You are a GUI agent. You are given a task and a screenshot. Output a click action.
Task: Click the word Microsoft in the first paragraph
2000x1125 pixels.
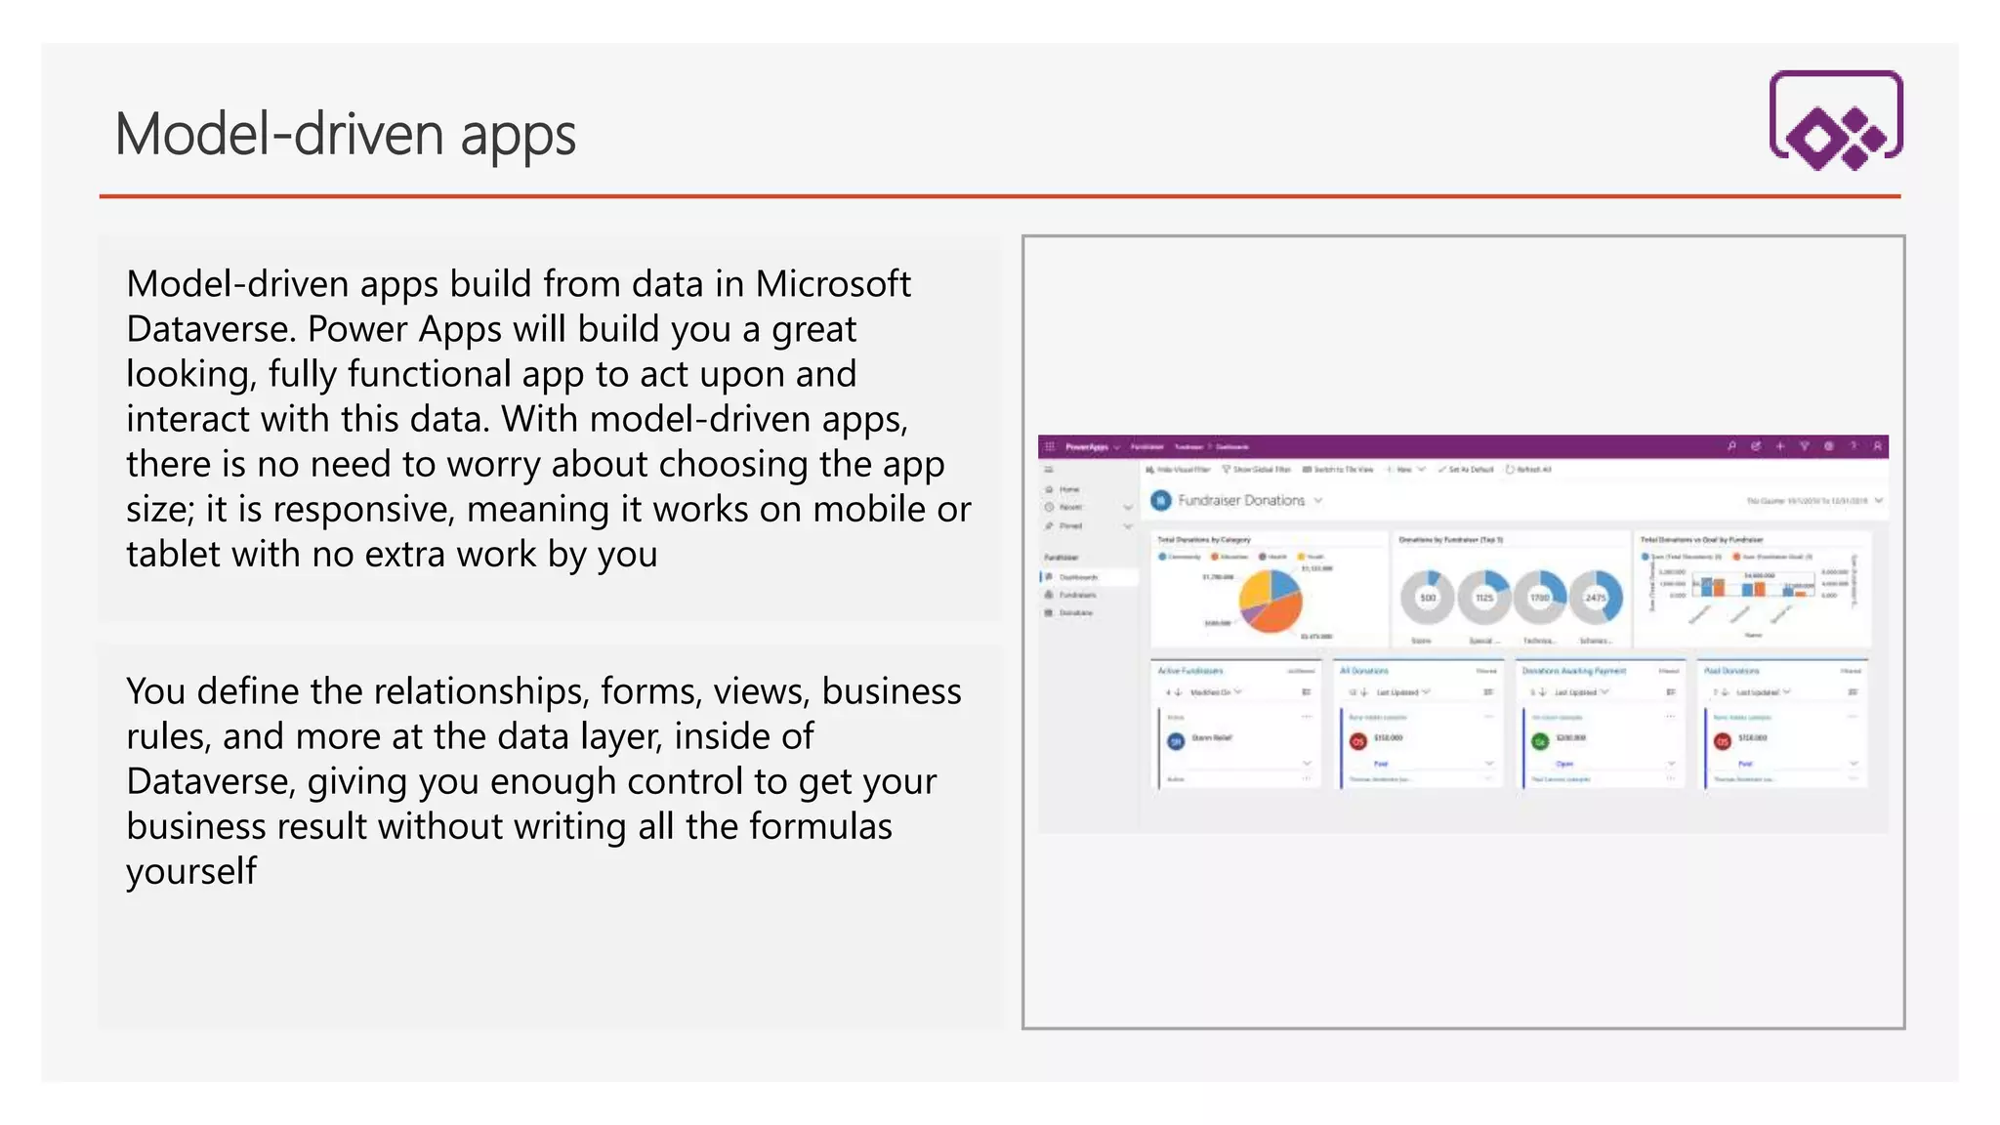click(833, 284)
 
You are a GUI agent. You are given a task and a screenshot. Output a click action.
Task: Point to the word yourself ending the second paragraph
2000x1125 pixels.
click(191, 871)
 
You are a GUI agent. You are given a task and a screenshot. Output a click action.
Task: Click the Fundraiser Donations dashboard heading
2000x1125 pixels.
click(1240, 500)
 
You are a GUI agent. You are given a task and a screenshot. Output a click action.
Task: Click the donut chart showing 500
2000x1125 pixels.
click(1428, 597)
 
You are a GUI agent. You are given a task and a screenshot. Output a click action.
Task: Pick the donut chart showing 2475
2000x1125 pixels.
click(1596, 597)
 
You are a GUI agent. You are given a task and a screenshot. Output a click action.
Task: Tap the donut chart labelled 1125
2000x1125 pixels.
click(1484, 597)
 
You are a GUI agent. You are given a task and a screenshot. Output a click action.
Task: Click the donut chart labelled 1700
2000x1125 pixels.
click(1540, 597)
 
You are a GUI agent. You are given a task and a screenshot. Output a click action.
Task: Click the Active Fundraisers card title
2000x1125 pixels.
click(1190, 671)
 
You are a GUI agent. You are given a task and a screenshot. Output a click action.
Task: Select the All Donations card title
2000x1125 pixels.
click(1364, 671)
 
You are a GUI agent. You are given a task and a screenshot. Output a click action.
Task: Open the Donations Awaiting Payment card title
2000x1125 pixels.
click(1573, 671)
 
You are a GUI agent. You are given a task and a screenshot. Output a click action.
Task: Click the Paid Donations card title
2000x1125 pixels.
click(1731, 671)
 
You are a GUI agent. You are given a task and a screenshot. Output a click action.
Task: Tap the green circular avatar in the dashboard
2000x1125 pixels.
click(1540, 741)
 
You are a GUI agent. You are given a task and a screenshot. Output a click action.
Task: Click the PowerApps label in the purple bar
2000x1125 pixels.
click(1086, 447)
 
